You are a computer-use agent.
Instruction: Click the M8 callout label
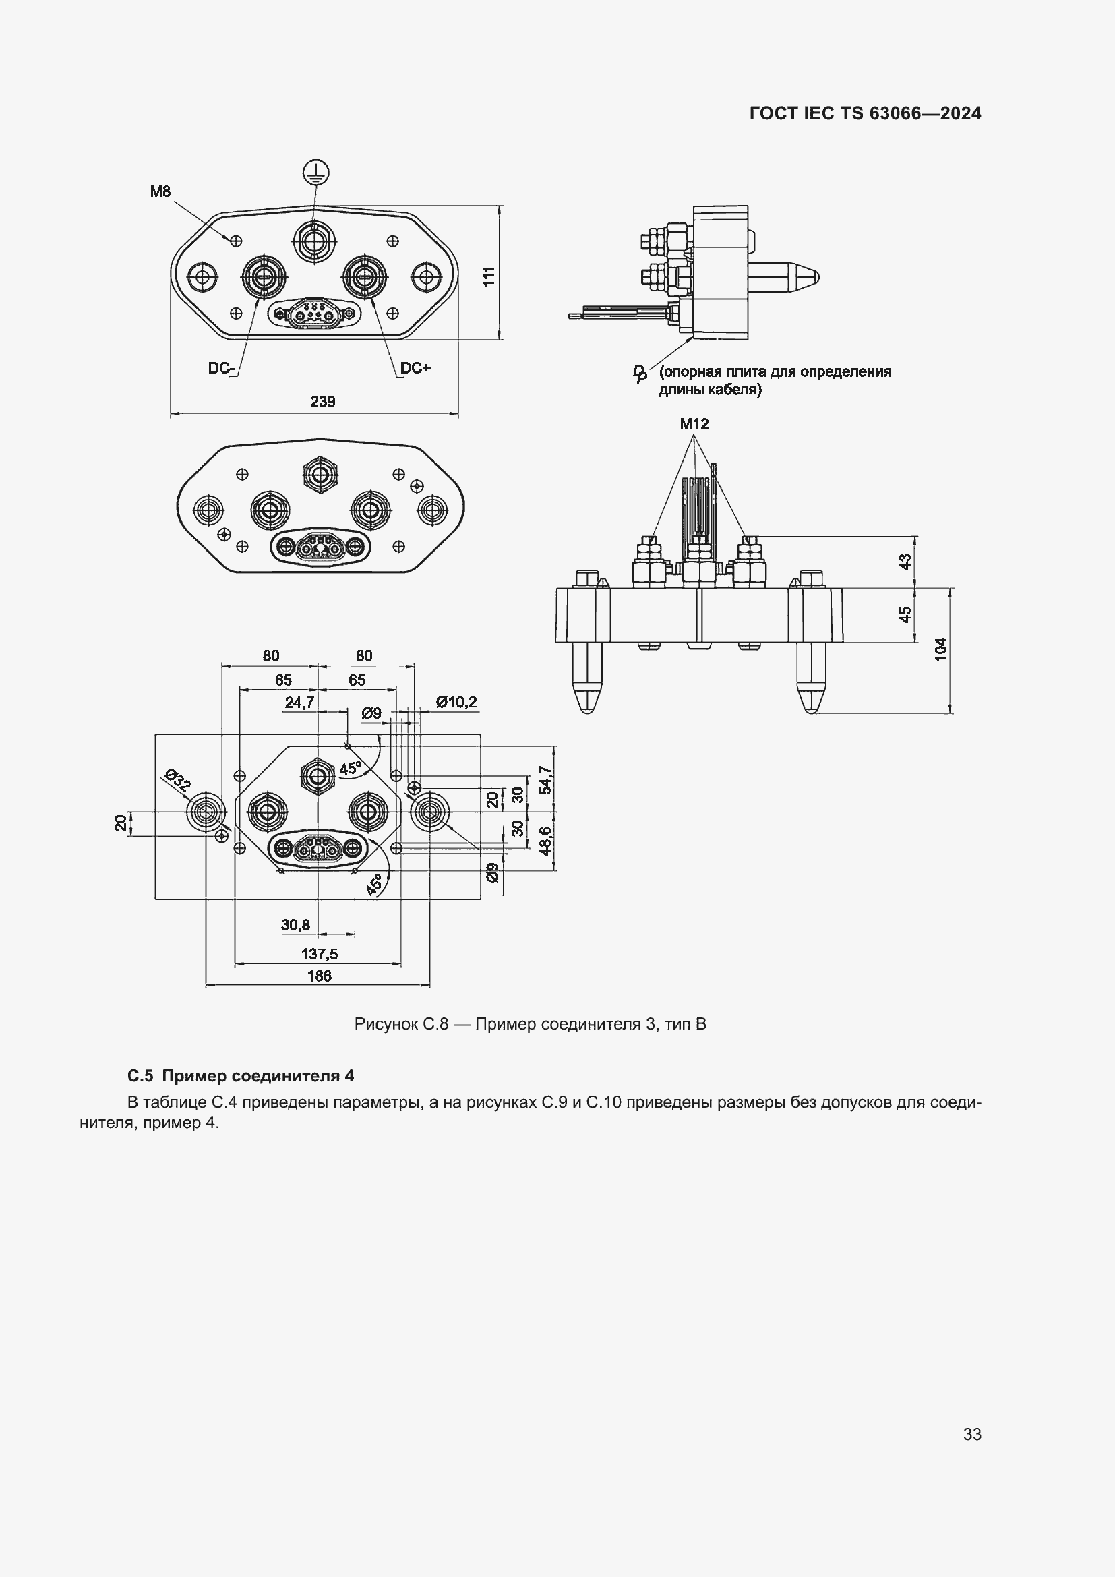[160, 191]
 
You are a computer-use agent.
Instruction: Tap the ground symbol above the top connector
[315, 173]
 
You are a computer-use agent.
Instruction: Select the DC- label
[221, 369]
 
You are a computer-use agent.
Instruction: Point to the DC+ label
[415, 368]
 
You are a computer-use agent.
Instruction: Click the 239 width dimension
[322, 402]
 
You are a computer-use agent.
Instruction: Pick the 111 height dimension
[488, 276]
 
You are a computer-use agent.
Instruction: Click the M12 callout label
[694, 424]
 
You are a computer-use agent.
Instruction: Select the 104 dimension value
[940, 650]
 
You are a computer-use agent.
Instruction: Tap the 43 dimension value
[905, 561]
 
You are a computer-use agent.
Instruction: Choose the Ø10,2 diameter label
[456, 702]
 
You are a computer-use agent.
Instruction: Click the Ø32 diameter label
[177, 781]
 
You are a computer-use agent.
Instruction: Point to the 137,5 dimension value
[320, 954]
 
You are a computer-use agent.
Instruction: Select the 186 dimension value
[320, 976]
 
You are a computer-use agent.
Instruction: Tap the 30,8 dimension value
[295, 925]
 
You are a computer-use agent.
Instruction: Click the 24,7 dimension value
[299, 702]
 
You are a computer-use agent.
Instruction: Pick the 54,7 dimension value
[545, 779]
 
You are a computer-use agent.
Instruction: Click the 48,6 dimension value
[545, 840]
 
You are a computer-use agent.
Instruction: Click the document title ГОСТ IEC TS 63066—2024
[865, 114]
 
